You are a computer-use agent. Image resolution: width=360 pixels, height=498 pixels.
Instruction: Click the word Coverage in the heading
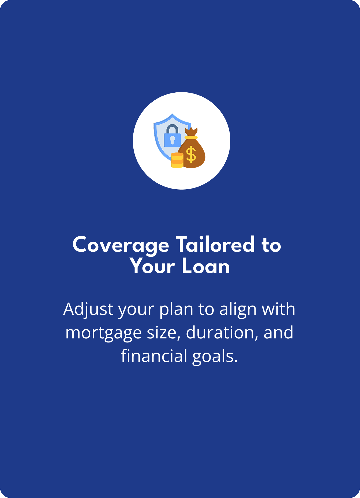click(121, 245)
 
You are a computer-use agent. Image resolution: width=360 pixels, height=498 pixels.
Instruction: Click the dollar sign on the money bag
click(191, 154)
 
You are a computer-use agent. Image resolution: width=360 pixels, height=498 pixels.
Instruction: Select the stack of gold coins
click(177, 160)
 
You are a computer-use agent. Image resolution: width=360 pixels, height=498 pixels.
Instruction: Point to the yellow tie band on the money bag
click(191, 137)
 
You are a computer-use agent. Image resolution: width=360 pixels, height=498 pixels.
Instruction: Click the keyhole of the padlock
click(172, 140)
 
